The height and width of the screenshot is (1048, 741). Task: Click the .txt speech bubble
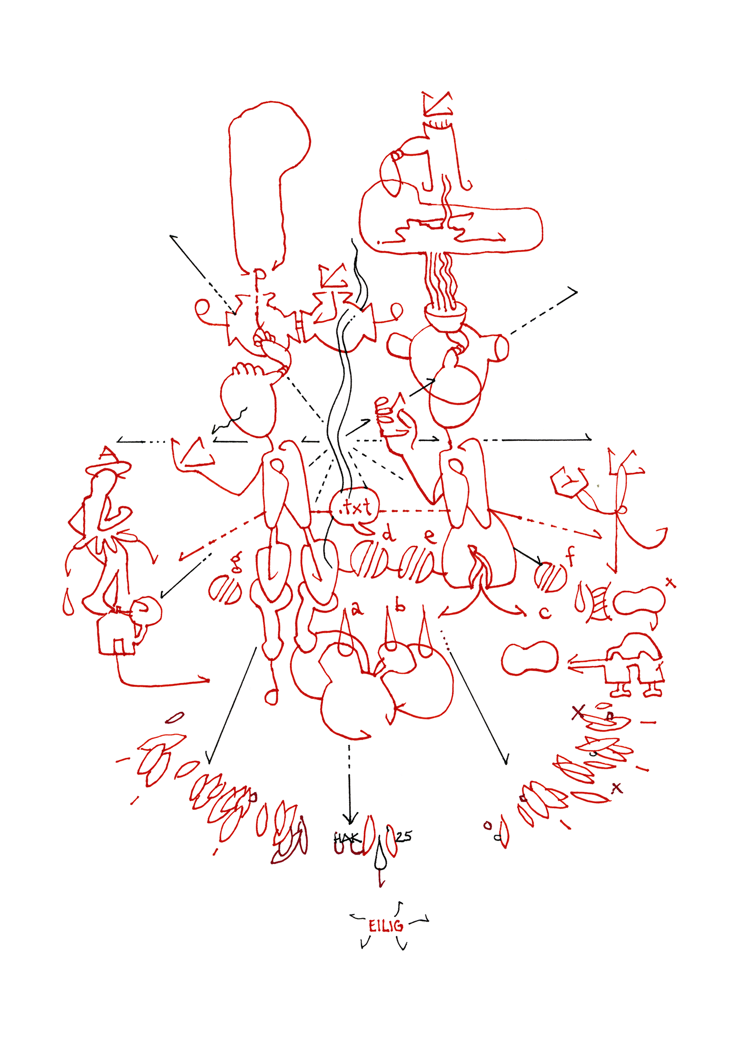point(355,507)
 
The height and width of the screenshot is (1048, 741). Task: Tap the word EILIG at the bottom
point(386,926)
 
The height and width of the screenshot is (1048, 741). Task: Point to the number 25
point(404,836)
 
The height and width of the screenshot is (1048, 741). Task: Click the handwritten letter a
point(357,608)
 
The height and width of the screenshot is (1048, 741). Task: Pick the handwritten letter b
point(400,606)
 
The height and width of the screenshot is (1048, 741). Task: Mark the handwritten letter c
point(545,613)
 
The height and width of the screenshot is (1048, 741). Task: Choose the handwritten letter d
point(389,535)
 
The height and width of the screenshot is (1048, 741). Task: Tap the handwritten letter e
point(430,536)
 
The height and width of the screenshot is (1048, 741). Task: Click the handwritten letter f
point(571,556)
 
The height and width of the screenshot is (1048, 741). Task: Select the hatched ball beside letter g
point(225,591)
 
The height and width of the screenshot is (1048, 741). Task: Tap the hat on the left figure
point(108,463)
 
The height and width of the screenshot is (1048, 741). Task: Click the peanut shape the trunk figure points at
point(530,658)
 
